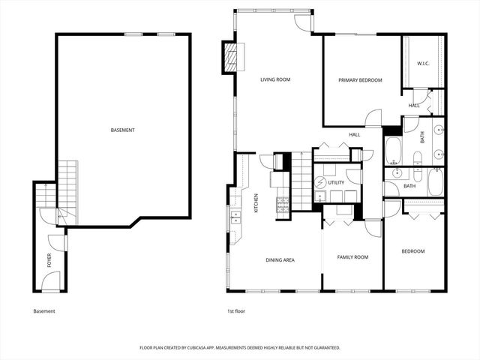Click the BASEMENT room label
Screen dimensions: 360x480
122,130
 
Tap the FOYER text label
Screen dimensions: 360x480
49,260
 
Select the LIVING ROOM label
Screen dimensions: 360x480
275,79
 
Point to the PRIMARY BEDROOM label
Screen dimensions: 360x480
360,80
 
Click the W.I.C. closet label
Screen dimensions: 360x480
423,64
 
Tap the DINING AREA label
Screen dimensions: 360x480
280,259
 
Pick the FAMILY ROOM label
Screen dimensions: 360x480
352,257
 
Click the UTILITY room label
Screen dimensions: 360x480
335,182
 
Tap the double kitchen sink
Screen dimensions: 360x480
236,218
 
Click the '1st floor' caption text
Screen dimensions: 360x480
236,310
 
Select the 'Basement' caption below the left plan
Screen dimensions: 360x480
44,310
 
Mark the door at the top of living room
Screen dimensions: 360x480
303,21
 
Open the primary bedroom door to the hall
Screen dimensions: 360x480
373,118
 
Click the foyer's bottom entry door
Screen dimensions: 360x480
49,283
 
